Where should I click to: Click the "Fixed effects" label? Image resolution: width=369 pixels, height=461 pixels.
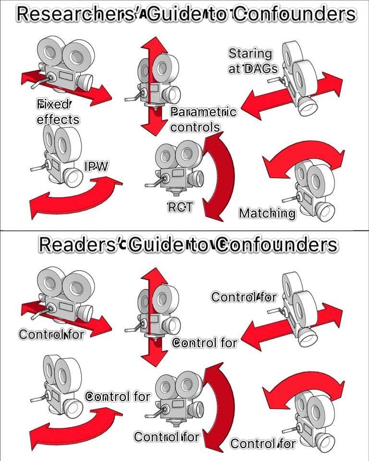coord(58,111)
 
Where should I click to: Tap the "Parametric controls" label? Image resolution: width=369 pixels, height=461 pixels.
coord(203,120)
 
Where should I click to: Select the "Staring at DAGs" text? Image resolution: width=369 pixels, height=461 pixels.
coord(253,61)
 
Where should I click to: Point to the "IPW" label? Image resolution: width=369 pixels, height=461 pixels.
coord(97,167)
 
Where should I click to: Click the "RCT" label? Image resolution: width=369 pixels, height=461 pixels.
coord(180,207)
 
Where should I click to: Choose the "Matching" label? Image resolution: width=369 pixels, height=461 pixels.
coord(267,213)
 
